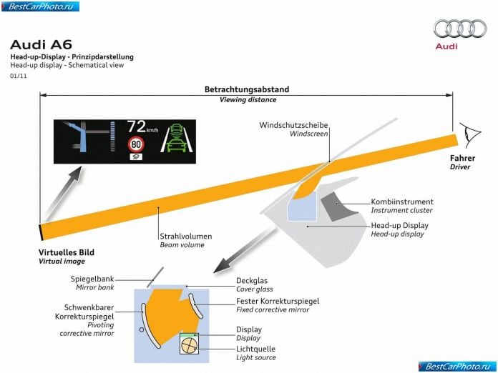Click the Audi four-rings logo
tap(460, 29)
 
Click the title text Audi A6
tap(41, 45)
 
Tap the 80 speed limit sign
tap(136, 144)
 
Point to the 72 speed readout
tap(137, 126)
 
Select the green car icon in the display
tap(176, 138)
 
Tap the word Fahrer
tap(462, 158)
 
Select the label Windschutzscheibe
tap(293, 125)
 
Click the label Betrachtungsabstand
tap(247, 89)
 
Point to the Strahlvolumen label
tap(186, 237)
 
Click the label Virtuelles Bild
tap(67, 252)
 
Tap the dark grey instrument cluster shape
tap(338, 207)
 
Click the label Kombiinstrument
tap(402, 202)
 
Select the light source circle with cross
tap(190, 345)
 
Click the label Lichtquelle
tap(255, 349)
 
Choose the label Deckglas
tap(252, 281)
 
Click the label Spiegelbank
tap(92, 279)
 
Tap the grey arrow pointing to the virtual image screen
tap(63, 193)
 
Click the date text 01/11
tap(19, 76)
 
